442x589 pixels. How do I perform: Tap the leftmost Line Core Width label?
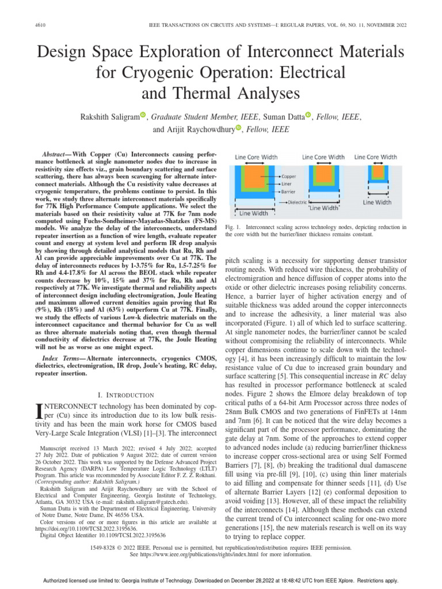258,156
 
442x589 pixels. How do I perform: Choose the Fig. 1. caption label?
233,228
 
